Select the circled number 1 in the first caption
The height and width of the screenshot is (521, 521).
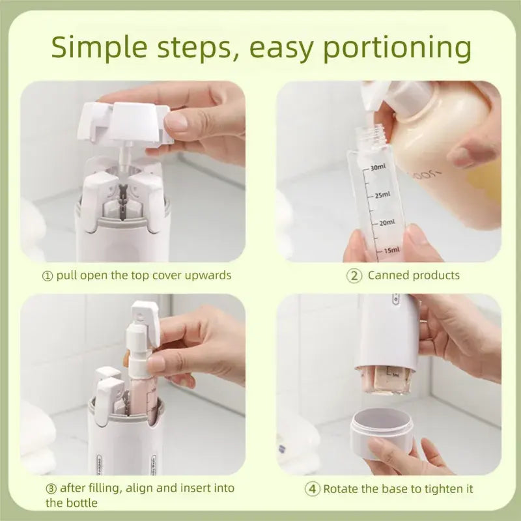pyautogui.click(x=47, y=275)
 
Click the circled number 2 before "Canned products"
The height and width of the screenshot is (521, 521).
pyautogui.click(x=354, y=275)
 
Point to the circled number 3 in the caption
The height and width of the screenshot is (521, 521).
pyautogui.click(x=51, y=488)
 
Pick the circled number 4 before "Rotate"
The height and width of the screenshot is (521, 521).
pyautogui.click(x=313, y=488)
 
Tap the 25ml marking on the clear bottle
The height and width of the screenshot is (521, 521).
pyautogui.click(x=382, y=195)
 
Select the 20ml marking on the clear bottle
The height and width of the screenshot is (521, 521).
pyautogui.click(x=386, y=223)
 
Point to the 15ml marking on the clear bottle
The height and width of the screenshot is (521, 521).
pyautogui.click(x=391, y=250)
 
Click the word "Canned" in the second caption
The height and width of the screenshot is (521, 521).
pyautogui.click(x=387, y=275)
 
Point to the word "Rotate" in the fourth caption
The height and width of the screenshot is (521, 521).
pyautogui.click(x=342, y=488)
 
